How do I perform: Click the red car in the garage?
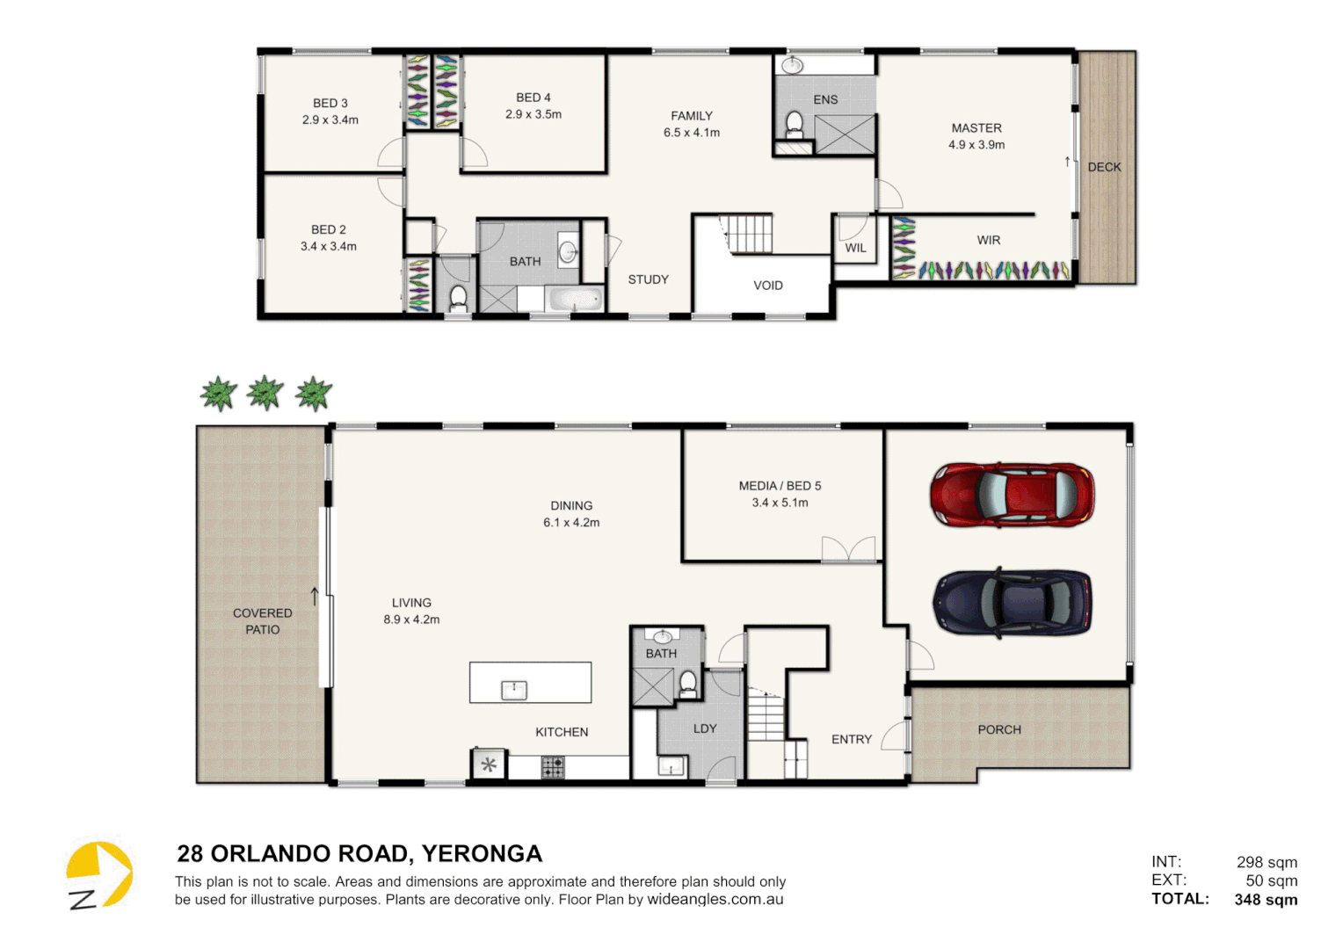pyautogui.click(x=1012, y=495)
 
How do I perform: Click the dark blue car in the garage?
pyautogui.click(x=1012, y=602)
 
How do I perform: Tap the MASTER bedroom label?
pyautogui.click(x=976, y=128)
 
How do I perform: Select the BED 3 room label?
pyautogui.click(x=330, y=104)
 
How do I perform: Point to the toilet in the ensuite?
pyautogui.click(x=795, y=124)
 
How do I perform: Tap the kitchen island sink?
pyautogui.click(x=513, y=690)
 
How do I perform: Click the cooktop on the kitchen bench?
pyautogui.click(x=553, y=768)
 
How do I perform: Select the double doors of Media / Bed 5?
pyautogui.click(x=848, y=549)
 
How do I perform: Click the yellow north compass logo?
pyautogui.click(x=98, y=874)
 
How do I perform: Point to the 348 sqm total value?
pyautogui.click(x=1266, y=900)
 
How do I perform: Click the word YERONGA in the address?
pyautogui.click(x=482, y=854)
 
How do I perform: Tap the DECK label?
pyautogui.click(x=1104, y=167)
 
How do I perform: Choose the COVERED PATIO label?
pyautogui.click(x=262, y=621)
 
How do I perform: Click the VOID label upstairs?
pyautogui.click(x=767, y=286)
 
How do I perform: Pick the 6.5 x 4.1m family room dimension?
pyautogui.click(x=691, y=133)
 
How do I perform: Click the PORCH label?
pyautogui.click(x=999, y=729)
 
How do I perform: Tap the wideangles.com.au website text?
pyautogui.click(x=715, y=900)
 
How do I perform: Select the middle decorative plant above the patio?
pyautogui.click(x=265, y=393)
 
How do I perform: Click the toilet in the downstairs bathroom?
pyautogui.click(x=687, y=683)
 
